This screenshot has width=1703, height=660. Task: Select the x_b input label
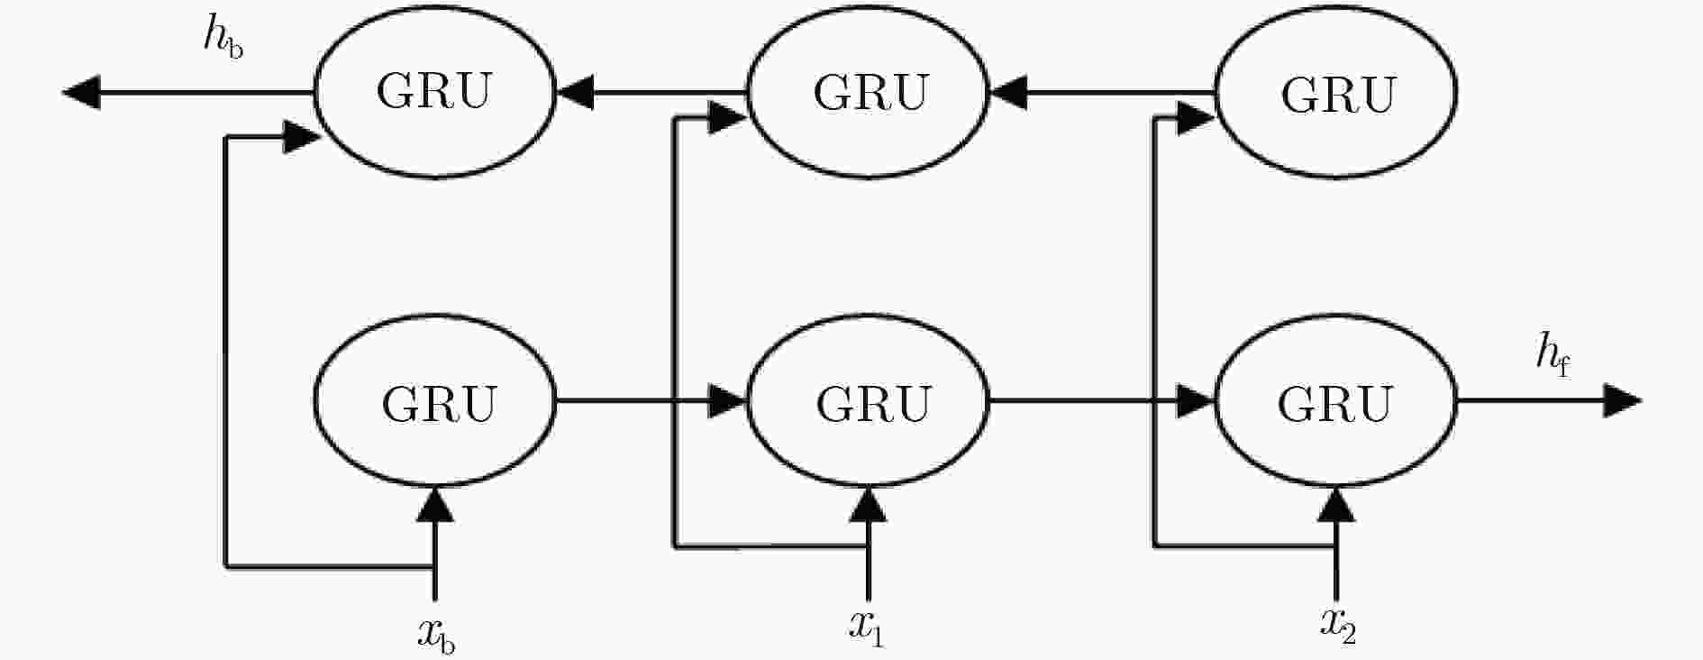pos(436,634)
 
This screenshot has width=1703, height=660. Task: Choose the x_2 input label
pos(1338,625)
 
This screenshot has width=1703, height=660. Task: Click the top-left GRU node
pos(434,91)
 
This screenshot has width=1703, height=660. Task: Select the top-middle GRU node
pos(870,91)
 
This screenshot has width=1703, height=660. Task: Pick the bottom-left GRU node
pos(436,401)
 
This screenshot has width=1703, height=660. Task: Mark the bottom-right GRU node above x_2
pos(1336,401)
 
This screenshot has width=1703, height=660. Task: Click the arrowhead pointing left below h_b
pos(81,92)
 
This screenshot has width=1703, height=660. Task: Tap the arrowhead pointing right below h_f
pos(1622,400)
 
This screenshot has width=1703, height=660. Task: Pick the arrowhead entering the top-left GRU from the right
pos(575,92)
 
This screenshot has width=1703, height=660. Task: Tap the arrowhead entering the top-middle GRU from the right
pos(1009,92)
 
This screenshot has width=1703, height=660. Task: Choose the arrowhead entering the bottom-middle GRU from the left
pos(728,400)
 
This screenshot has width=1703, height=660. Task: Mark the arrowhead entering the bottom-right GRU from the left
pos(1196,400)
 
